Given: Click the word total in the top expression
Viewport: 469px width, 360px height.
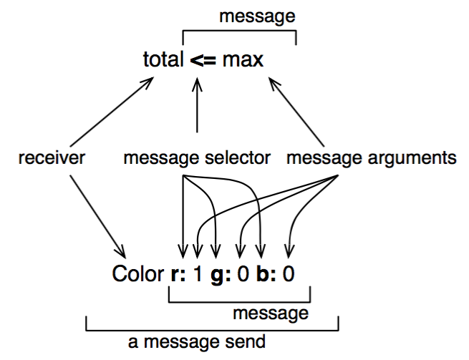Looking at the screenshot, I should pos(163,59).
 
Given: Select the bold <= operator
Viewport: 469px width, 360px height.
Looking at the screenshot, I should pos(203,60).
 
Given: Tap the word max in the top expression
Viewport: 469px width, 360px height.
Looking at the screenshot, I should pos(242,60).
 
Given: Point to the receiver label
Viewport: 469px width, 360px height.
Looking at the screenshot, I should pos(52,158).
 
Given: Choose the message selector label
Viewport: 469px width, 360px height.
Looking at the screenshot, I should pos(197,158).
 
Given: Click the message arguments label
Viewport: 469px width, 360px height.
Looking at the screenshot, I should pos(372,158).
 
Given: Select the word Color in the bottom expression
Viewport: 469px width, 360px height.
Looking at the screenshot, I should pos(133,275).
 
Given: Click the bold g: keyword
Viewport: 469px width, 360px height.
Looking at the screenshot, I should pos(218,275).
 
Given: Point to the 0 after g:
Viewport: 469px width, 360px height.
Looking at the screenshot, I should pos(243,275).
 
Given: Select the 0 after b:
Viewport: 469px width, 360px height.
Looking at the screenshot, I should pos(289,275).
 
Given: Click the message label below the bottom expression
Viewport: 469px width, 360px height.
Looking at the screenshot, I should pos(271,313).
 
